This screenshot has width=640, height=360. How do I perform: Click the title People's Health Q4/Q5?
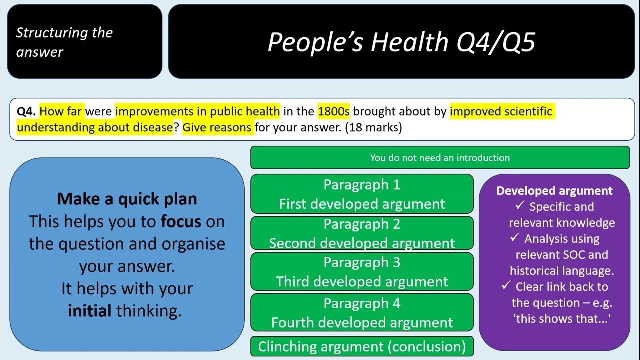[x=401, y=42]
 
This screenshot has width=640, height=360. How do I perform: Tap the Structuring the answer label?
[x=64, y=42]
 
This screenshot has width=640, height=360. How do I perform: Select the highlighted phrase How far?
[x=62, y=111]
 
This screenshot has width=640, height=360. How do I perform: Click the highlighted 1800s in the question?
[x=333, y=111]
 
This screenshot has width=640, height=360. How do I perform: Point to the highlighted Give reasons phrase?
[x=217, y=127]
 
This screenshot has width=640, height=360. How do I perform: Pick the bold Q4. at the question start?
[x=26, y=111]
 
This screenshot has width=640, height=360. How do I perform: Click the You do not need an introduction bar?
[x=440, y=158]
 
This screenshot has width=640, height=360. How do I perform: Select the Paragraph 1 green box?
[x=362, y=194]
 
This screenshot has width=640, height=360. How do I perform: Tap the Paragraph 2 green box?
[x=362, y=233]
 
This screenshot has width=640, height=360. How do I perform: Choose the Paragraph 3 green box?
[x=362, y=271]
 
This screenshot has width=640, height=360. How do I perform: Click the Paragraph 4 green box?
[x=362, y=312]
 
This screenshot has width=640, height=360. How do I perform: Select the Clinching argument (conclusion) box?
[x=362, y=346]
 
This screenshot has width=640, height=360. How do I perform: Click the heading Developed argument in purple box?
[x=554, y=191]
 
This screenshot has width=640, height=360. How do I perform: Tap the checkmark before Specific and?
[x=520, y=206]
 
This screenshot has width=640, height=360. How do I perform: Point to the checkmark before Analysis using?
[x=515, y=238]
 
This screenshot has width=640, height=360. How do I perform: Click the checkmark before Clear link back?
[x=506, y=286]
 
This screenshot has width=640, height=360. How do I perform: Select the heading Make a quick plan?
[x=127, y=199]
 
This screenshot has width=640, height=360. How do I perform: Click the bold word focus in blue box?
[x=181, y=221]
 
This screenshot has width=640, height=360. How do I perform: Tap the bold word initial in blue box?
[x=90, y=311]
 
